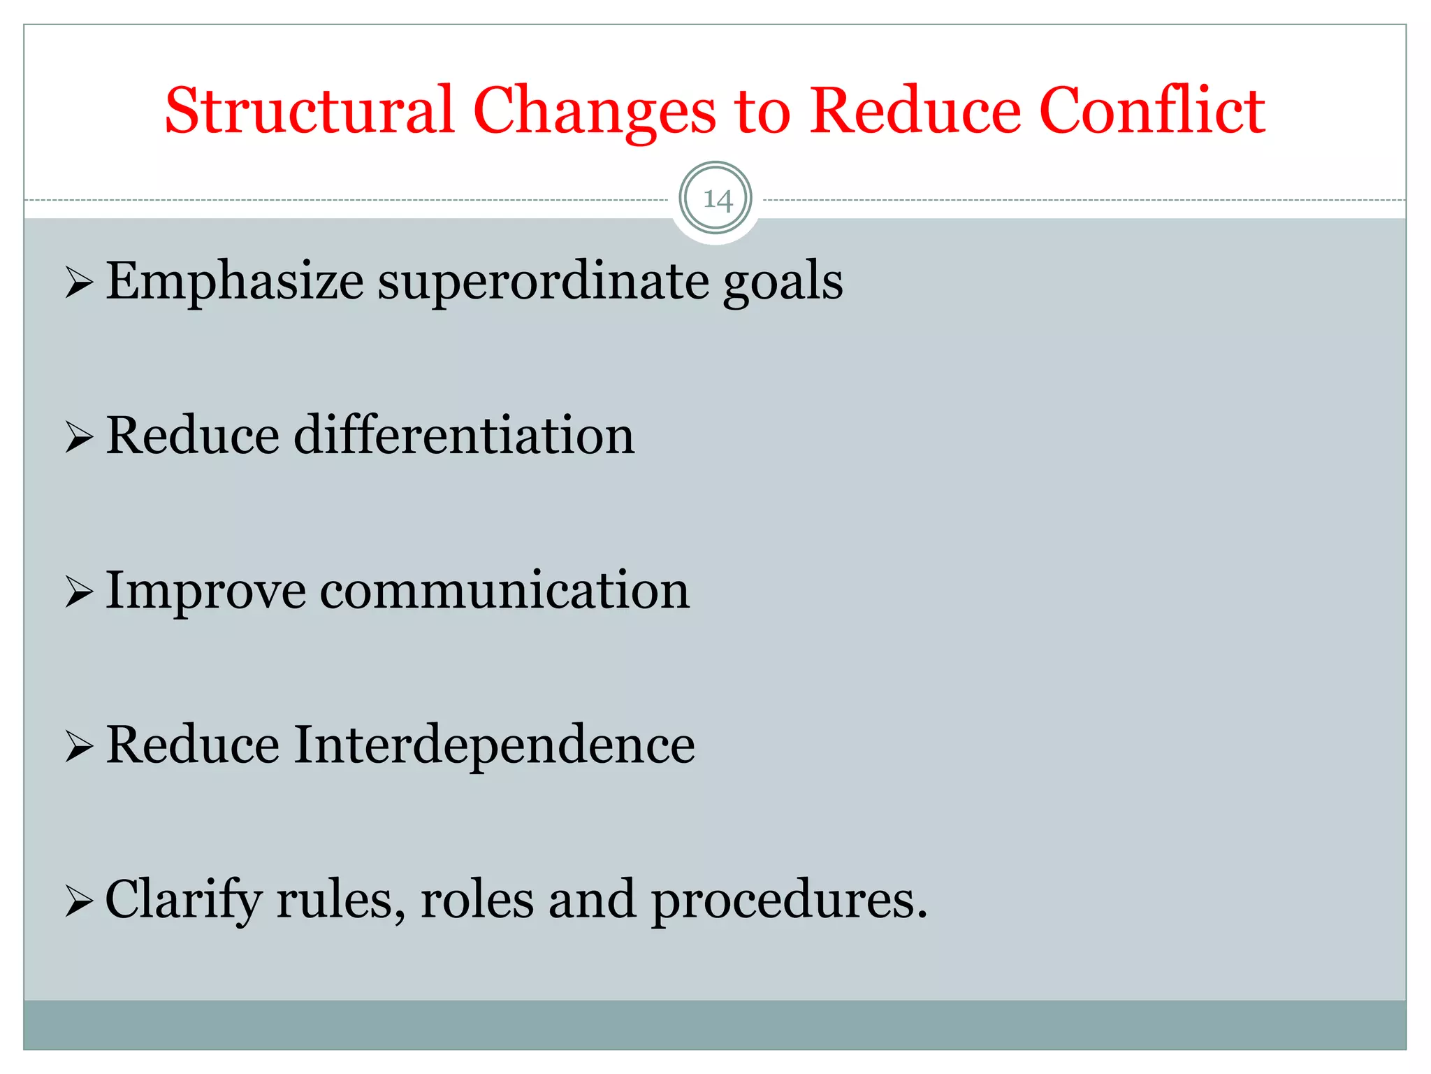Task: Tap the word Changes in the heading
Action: (595, 112)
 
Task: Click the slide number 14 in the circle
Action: (717, 200)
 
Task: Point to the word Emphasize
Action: (234, 281)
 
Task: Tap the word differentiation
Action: (464, 436)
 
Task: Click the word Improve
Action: (205, 592)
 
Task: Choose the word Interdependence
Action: (494, 745)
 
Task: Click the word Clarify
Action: (183, 901)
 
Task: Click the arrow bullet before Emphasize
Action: (79, 284)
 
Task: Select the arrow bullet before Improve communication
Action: (79, 593)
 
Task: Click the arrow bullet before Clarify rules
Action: (79, 902)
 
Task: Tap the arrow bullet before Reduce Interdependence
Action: (79, 747)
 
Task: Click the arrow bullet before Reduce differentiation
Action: (79, 438)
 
